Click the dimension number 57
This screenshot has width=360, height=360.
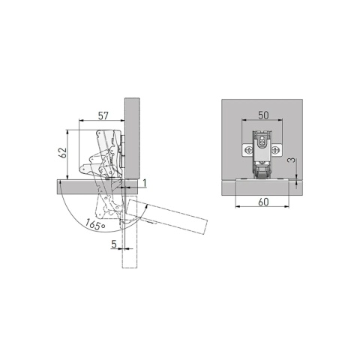click(103, 115)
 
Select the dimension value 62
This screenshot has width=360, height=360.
click(62, 153)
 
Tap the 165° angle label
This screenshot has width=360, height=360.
click(94, 224)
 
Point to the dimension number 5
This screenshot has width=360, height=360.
click(114, 244)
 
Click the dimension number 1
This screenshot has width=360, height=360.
click(144, 183)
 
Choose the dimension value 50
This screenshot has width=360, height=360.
click(263, 115)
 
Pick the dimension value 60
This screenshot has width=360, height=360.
click(263, 202)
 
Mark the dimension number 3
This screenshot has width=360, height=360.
click(291, 160)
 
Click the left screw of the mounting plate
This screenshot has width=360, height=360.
click(249, 150)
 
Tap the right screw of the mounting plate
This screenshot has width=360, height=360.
click(275, 150)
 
